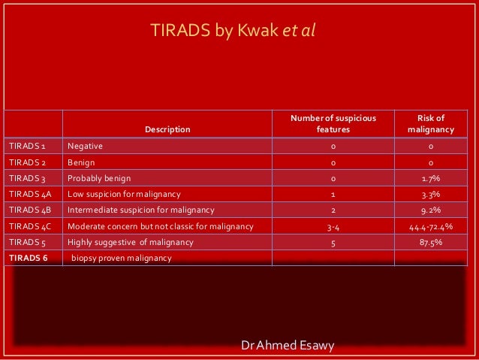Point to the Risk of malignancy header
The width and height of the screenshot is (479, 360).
tap(430, 123)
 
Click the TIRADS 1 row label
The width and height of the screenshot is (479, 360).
tap(28, 146)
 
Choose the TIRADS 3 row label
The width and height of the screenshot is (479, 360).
tap(28, 178)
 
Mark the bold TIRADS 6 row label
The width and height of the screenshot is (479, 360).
tap(28, 258)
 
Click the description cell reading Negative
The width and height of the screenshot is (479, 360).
tap(85, 146)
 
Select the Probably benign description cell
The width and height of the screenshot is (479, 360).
tap(99, 178)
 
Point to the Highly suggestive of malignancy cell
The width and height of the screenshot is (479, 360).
tap(131, 242)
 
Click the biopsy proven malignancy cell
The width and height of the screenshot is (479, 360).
tap(122, 258)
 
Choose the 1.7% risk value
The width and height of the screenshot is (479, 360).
tap(430, 178)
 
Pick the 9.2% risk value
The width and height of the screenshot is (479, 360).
tap(430, 210)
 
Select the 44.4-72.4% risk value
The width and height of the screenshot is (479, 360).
tap(430, 226)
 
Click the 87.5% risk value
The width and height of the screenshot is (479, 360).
tap(430, 242)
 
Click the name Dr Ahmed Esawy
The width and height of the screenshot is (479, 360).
tap(288, 345)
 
